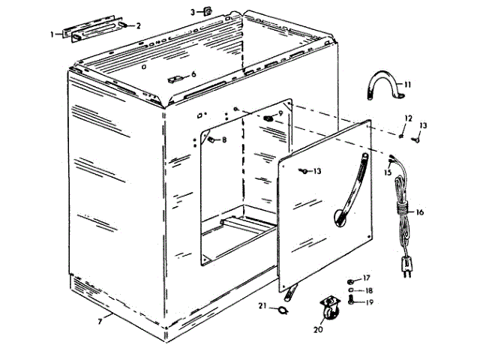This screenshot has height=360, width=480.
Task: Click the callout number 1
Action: (52, 34)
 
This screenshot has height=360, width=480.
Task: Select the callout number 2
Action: (138, 25)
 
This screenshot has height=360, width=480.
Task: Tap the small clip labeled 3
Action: (203, 11)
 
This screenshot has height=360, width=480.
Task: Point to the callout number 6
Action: (193, 74)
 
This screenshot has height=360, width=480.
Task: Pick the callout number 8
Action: (223, 139)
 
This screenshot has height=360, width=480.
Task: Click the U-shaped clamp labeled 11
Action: (383, 87)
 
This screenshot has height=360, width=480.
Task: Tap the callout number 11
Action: (408, 85)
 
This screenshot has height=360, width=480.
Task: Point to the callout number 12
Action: (409, 118)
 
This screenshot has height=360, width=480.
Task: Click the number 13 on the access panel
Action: (317, 172)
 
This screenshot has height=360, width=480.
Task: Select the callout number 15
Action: (388, 172)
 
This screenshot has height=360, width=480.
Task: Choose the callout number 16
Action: (420, 212)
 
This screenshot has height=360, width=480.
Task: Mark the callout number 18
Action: (367, 289)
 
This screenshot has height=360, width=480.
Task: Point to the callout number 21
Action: (263, 305)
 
